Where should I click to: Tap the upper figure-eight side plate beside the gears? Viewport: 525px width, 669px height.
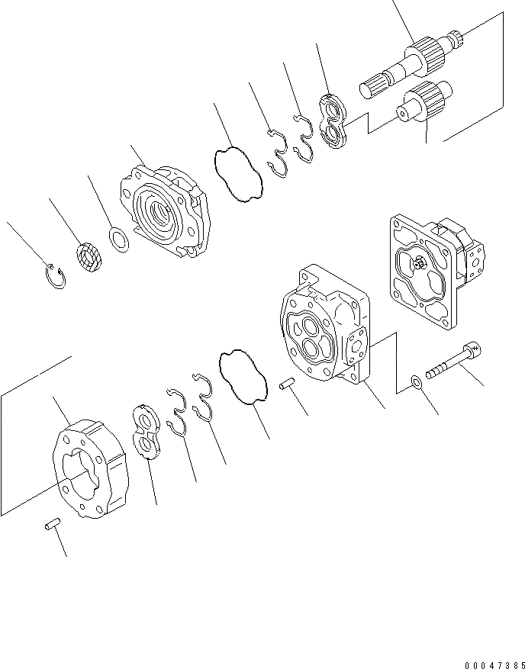click(x=334, y=119)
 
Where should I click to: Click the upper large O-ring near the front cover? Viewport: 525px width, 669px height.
click(x=237, y=175)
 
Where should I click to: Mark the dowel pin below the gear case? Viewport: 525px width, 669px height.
click(x=51, y=526)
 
